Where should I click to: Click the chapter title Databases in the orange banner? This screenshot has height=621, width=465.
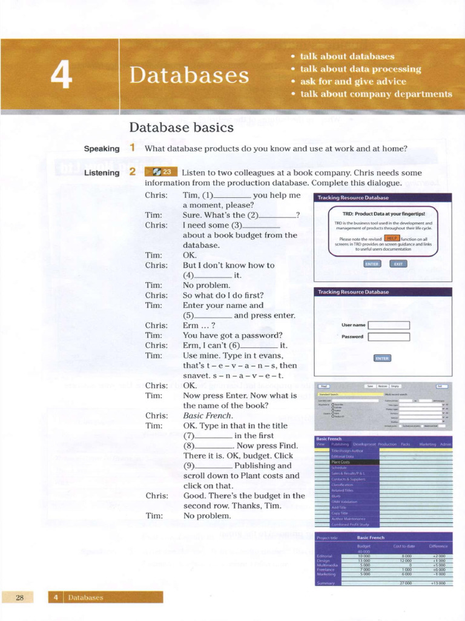click(x=189, y=76)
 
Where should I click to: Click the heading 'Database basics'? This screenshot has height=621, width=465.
click(x=181, y=127)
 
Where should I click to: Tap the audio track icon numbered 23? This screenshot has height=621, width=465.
click(x=161, y=172)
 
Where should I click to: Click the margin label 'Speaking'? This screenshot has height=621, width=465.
click(x=101, y=149)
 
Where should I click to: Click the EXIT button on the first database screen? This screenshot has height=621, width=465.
click(x=398, y=264)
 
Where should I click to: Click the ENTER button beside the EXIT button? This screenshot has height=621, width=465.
click(x=372, y=264)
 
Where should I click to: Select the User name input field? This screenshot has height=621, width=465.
click(x=389, y=325)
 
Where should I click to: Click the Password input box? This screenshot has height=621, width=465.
click(x=389, y=337)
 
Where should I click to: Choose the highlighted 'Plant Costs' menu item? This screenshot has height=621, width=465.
click(x=341, y=462)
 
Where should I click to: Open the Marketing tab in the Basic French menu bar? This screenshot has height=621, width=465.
click(x=427, y=445)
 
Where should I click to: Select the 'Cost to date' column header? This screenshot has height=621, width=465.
click(x=403, y=546)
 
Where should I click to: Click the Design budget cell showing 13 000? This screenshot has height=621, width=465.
click(x=364, y=560)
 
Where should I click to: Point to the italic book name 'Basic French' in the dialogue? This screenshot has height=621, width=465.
click(x=208, y=415)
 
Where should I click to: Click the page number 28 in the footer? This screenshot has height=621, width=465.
click(x=19, y=597)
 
